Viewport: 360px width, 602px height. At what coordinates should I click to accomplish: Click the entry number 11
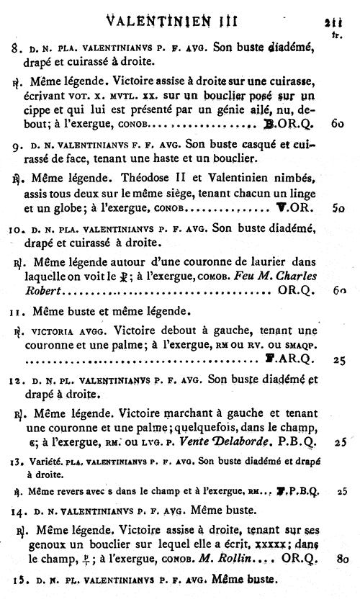click(x=15, y=312)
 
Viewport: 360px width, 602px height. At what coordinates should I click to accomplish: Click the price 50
click(x=340, y=208)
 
